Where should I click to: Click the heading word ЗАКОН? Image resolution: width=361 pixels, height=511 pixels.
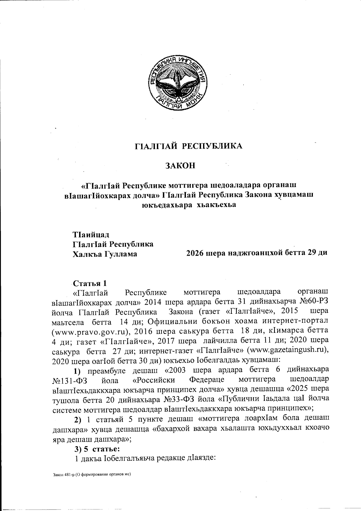pos(180,165)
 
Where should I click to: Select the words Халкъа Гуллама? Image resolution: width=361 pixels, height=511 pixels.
pos(105,254)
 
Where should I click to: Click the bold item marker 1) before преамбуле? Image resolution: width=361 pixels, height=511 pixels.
pos(79,370)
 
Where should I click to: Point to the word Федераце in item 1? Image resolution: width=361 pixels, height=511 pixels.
pos(207,379)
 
